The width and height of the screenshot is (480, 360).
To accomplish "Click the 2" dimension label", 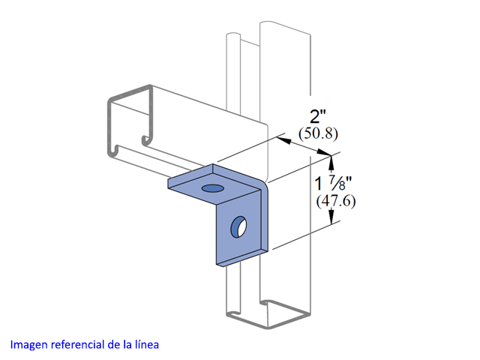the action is click(x=318, y=116).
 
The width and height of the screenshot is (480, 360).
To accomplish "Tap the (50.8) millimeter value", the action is click(x=318, y=133).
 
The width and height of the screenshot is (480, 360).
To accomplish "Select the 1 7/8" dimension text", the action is click(x=333, y=183).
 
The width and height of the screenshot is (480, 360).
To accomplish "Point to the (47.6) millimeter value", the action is click(x=336, y=201).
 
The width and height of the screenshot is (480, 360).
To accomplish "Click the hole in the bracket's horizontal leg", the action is click(x=212, y=188).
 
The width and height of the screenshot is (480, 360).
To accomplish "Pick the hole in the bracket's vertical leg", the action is click(x=238, y=226).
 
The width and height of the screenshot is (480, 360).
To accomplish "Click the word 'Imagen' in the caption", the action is click(x=29, y=345).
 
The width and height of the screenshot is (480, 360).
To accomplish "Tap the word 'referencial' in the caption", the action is click(x=78, y=344).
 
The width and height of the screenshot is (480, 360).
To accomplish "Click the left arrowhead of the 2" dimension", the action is click(x=283, y=140).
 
